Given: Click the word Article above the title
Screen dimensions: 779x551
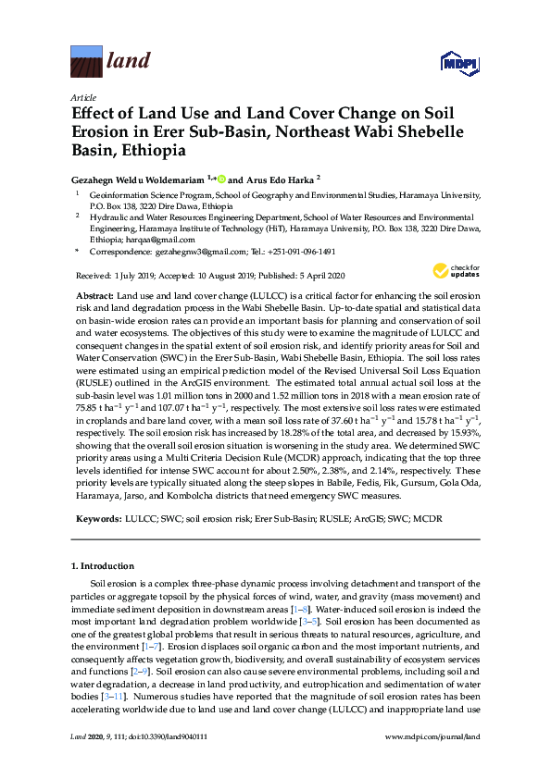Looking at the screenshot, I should point(82,97).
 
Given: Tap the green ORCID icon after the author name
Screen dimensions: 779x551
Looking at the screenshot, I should point(220,178).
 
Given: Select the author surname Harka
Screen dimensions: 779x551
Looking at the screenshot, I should point(300,178).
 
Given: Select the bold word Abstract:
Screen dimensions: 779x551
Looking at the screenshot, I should point(96,293).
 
